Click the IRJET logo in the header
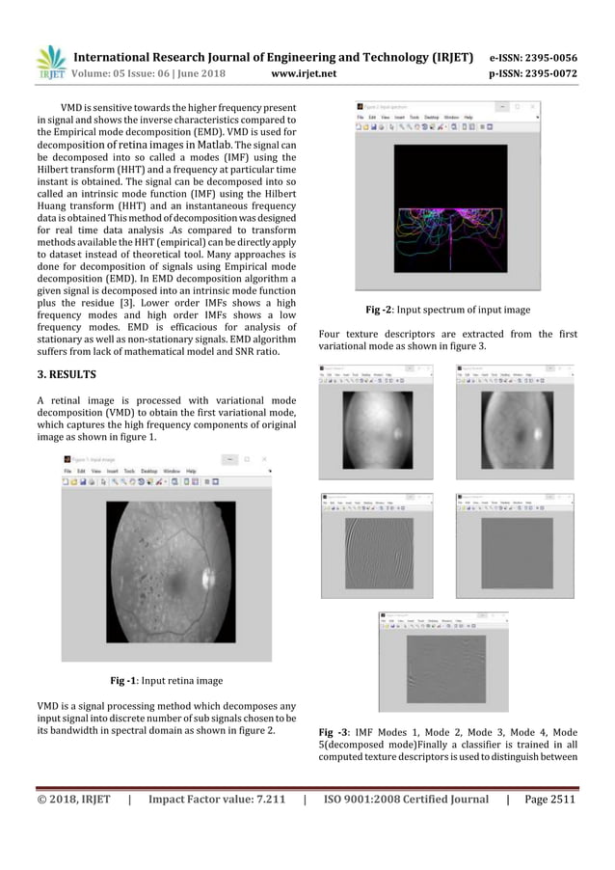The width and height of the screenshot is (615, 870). click(x=50, y=63)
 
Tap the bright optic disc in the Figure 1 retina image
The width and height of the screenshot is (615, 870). click(x=204, y=579)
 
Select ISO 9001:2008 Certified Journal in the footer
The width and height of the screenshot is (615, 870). click(x=405, y=799)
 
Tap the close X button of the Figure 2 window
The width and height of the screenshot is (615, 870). click(x=534, y=106)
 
